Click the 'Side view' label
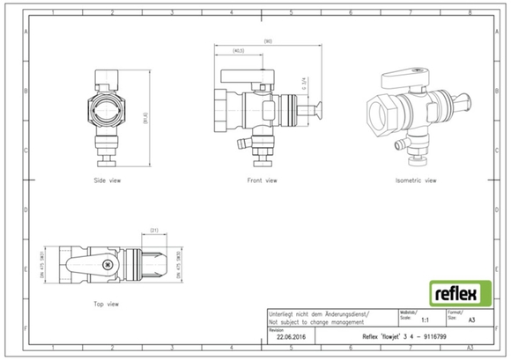[107, 180]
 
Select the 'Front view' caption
[262, 180]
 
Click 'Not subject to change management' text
[317, 322]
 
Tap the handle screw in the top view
[105, 262]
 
